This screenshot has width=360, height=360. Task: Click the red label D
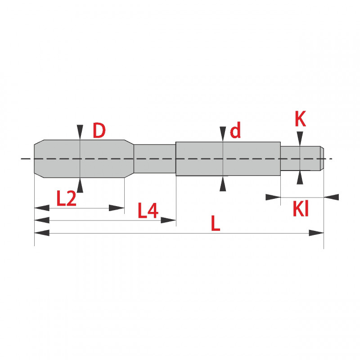[99, 130]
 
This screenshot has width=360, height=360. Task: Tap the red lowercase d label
[235, 130]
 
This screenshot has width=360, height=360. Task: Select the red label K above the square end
[300, 119]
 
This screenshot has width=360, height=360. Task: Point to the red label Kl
[301, 209]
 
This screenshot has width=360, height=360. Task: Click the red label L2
[66, 198]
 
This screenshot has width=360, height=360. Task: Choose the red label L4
[148, 210]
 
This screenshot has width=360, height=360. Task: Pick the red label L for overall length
[216, 223]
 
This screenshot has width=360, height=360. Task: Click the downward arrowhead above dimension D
[80, 132]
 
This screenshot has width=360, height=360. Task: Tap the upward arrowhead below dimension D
[80, 185]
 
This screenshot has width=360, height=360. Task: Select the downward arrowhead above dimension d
[223, 134]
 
